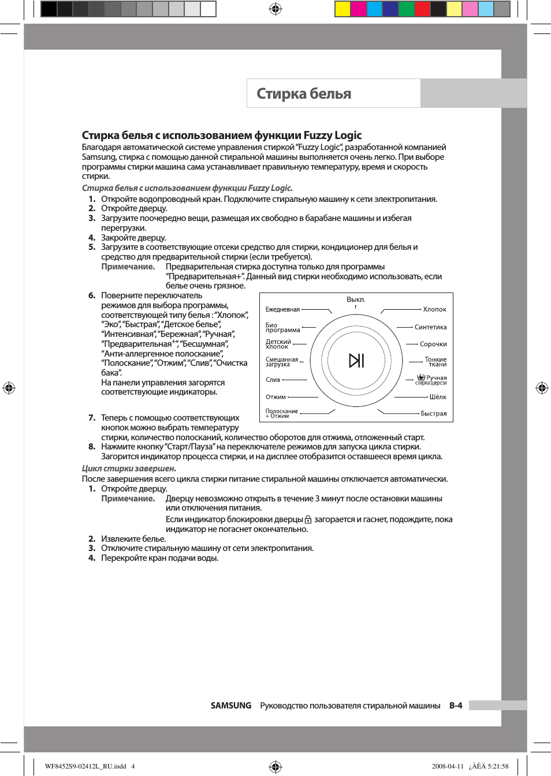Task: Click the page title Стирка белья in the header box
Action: [x=304, y=93]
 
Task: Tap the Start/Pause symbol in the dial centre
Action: [x=356, y=361]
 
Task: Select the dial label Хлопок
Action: [x=434, y=309]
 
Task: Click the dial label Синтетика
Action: [x=430, y=327]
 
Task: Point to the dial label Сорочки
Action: [x=433, y=344]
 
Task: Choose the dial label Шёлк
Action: [x=438, y=397]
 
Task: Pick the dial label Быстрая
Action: [x=433, y=414]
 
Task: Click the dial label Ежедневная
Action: [x=282, y=310]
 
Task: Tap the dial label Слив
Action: [x=273, y=380]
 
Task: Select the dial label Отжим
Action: [x=275, y=397]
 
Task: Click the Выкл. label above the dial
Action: [x=356, y=299]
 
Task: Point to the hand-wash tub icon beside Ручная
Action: [x=421, y=377]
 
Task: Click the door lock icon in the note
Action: [x=308, y=519]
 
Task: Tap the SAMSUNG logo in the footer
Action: [x=230, y=706]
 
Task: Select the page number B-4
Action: [x=456, y=706]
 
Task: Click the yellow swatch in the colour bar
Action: [x=342, y=9]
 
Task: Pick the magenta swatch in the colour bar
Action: [x=358, y=9]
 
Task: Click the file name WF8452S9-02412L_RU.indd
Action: [x=85, y=766]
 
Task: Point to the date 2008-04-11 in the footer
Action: [x=448, y=766]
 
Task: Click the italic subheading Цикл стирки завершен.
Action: [x=129, y=468]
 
